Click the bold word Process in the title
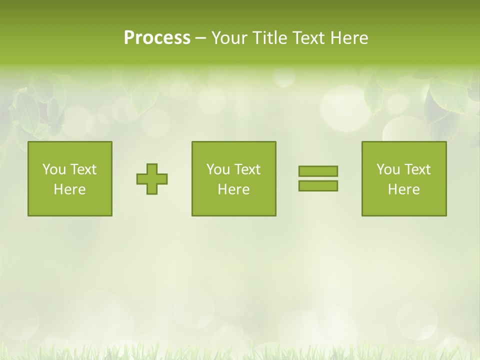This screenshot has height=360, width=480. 157,38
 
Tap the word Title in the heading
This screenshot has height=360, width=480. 271,38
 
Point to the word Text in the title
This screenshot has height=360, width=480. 309,38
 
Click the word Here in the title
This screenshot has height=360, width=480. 349,38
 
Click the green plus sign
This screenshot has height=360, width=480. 152,179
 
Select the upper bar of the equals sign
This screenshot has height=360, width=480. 318,171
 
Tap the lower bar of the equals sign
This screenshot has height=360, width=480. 318,185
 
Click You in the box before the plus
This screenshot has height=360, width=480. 53,169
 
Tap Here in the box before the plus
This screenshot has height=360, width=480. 70,189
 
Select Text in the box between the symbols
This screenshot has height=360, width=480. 247,169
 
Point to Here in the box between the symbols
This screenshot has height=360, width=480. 234,189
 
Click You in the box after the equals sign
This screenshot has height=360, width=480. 387,169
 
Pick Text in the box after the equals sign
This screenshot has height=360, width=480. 417,169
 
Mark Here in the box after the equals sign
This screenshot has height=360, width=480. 404,189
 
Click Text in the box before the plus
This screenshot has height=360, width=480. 83,169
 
